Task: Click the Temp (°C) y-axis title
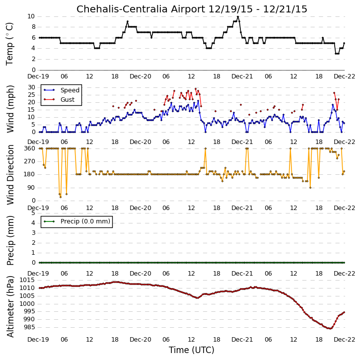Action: [9, 44]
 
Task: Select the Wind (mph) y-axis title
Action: [10, 109]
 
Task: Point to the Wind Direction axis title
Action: [10, 175]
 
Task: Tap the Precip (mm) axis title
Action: [10, 240]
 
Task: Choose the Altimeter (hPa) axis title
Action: [10, 306]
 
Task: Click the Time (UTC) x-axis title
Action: [192, 350]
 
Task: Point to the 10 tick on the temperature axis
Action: [31, 16]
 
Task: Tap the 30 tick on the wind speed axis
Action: [31, 87]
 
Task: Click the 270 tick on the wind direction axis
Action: [30, 161]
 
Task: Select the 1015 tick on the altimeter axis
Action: [27, 280]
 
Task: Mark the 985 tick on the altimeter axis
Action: [29, 327]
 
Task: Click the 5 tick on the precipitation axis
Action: [34, 213]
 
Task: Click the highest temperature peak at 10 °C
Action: [238, 16]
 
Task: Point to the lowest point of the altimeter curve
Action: [331, 329]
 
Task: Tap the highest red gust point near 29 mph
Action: [196, 89]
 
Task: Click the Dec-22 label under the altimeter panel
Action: [345, 339]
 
